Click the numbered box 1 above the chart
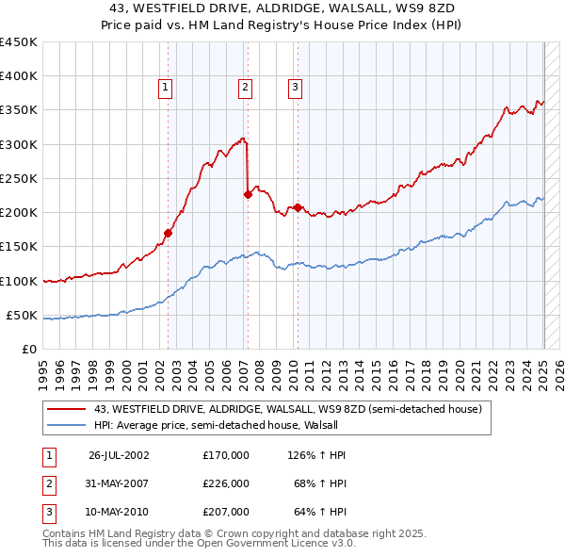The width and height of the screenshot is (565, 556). [x=165, y=88]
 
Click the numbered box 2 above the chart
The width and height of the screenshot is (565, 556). [x=245, y=88]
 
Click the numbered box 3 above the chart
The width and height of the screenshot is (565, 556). [x=295, y=88]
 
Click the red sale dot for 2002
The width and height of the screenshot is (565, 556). [x=169, y=233]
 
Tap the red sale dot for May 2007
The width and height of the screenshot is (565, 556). [x=248, y=195]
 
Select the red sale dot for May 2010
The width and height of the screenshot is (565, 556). [x=298, y=207]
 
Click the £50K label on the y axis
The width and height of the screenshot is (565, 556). [x=22, y=315]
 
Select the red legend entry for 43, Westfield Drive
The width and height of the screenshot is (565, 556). [x=287, y=409]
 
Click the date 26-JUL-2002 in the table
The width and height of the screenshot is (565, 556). [x=119, y=455]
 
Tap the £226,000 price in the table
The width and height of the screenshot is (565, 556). [x=226, y=483]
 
